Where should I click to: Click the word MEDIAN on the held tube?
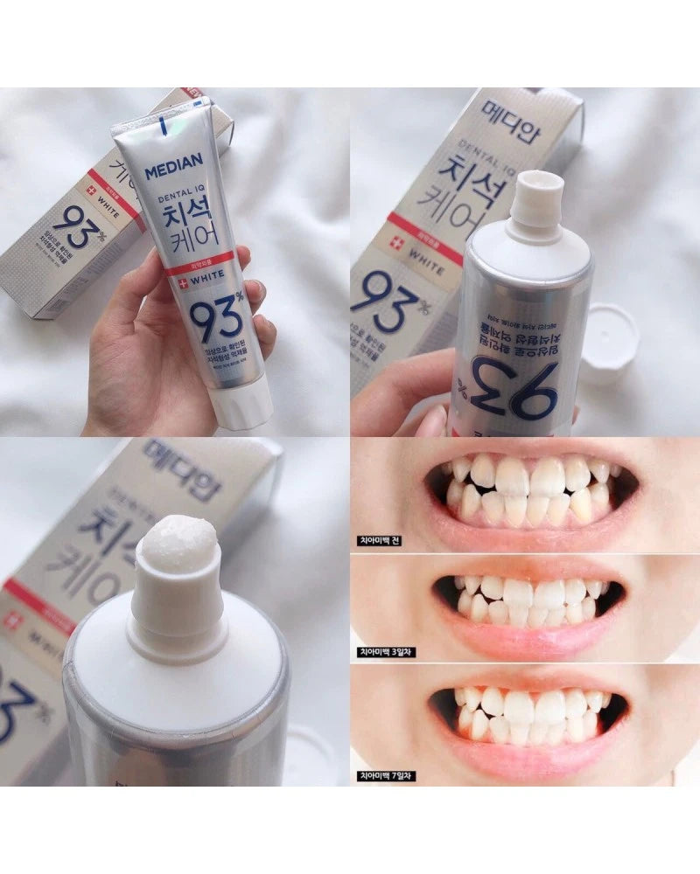click(173, 165)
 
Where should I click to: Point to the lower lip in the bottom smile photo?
click(529, 756)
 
